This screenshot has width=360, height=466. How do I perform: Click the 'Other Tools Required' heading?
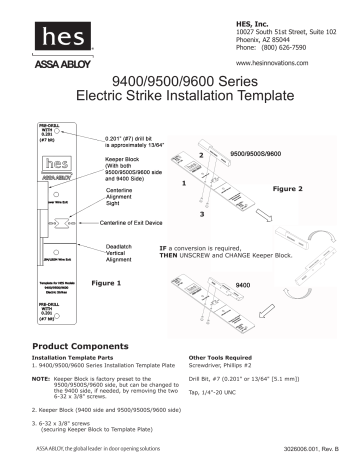point(225,357)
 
